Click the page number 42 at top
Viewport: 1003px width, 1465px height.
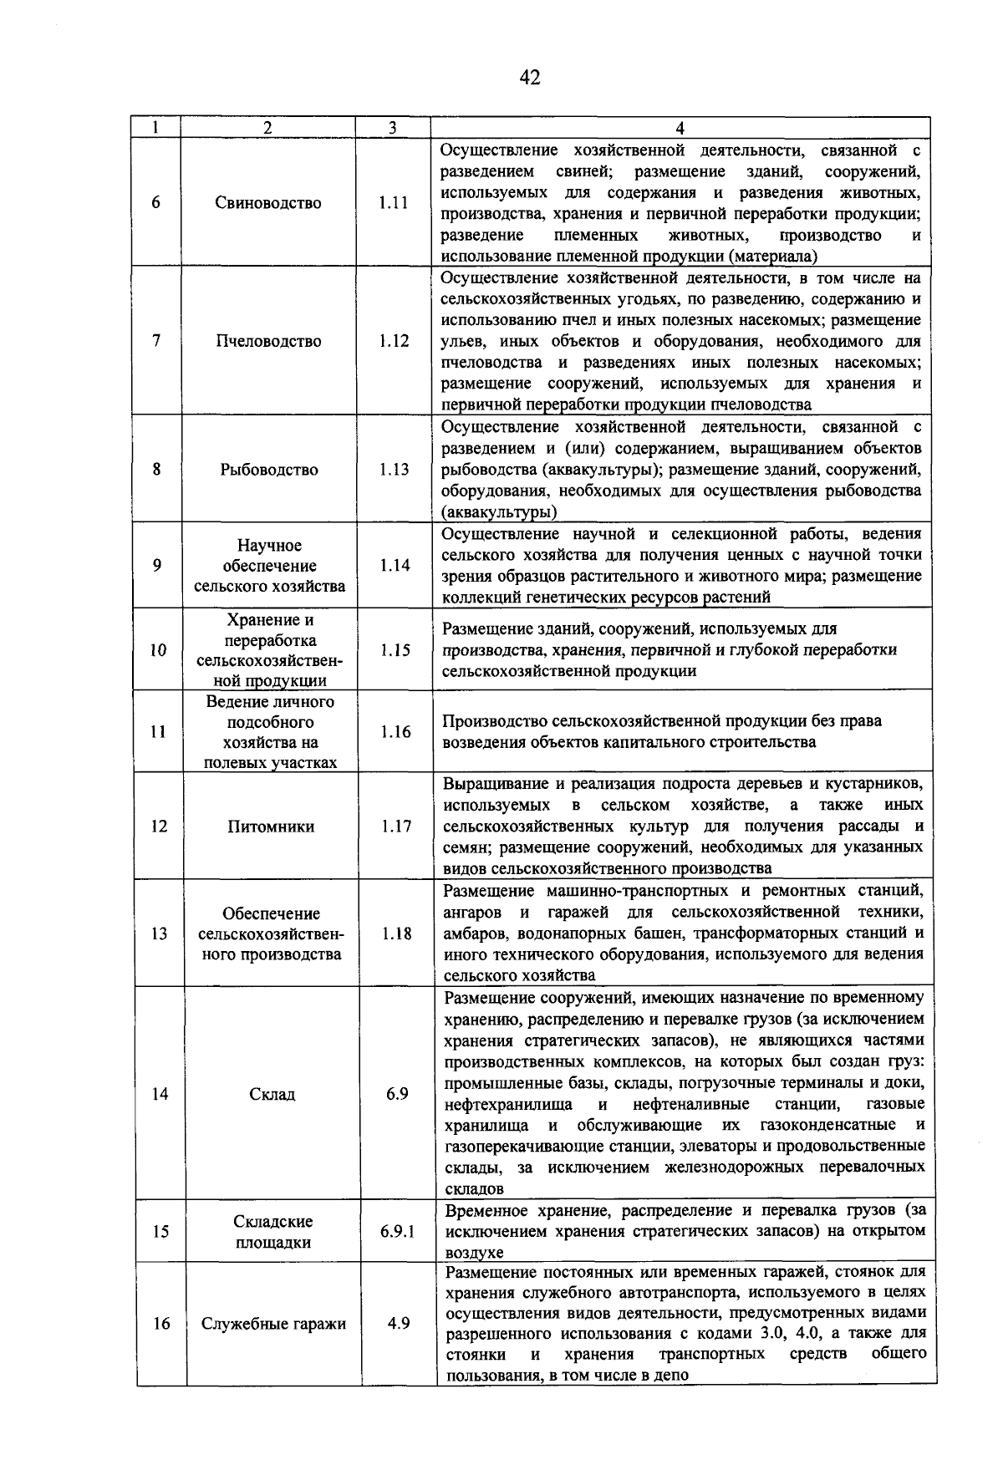[529, 78]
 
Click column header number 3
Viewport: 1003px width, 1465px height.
[392, 127]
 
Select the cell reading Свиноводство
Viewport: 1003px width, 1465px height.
[267, 203]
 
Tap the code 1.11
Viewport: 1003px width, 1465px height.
[393, 203]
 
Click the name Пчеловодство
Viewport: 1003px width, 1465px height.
[268, 341]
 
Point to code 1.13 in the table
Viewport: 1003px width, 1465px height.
[393, 470]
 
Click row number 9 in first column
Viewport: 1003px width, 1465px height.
[157, 566]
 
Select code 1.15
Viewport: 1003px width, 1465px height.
[394, 650]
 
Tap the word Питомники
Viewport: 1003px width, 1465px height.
[271, 827]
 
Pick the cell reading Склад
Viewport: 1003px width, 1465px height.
[272, 1094]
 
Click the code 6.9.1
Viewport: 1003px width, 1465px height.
[397, 1232]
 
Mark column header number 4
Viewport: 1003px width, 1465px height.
[680, 128]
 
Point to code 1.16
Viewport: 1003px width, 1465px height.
[395, 732]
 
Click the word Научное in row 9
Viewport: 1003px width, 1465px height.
[268, 546]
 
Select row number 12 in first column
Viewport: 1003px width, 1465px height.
[160, 827]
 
